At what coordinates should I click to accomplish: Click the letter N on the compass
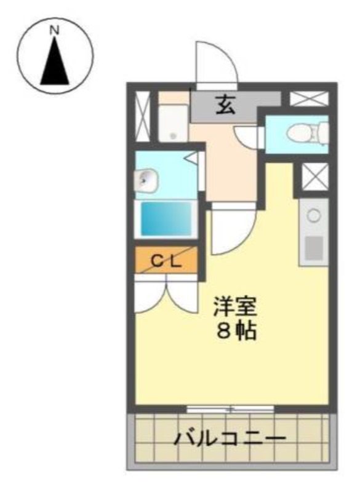(x=55, y=30)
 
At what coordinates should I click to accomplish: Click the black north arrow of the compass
(x=55, y=61)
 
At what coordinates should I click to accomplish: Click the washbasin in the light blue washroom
(x=145, y=180)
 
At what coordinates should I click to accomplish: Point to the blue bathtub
(x=166, y=218)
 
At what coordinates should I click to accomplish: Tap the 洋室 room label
(x=236, y=306)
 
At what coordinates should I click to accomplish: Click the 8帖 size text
(x=236, y=330)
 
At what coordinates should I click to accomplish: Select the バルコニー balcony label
(x=230, y=438)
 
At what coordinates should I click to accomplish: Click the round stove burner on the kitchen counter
(x=314, y=216)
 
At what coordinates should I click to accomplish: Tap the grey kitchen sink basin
(x=314, y=248)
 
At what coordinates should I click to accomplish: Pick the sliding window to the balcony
(x=230, y=409)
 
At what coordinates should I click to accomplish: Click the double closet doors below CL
(x=166, y=293)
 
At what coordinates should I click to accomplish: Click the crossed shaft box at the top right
(x=309, y=98)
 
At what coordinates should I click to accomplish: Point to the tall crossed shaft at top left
(x=143, y=116)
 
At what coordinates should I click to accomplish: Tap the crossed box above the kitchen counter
(x=315, y=177)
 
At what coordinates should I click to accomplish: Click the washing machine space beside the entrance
(x=173, y=122)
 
